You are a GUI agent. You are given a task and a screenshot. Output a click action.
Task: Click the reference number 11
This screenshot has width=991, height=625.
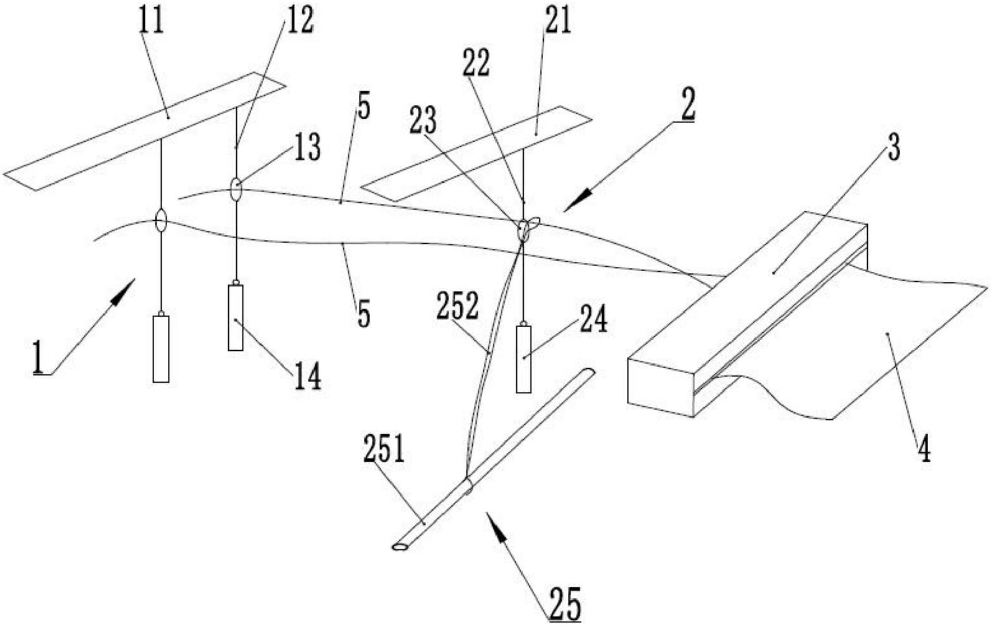point(151,21)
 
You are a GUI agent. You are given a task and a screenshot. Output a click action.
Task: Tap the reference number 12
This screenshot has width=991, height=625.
point(300,21)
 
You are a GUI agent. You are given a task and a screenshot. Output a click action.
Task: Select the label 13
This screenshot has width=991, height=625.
point(306,147)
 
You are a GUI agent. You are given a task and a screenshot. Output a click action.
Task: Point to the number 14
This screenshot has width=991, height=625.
point(307,377)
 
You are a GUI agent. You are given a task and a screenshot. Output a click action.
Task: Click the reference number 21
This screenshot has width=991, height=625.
point(558,21)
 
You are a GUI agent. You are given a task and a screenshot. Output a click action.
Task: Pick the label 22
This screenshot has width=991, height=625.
point(476,63)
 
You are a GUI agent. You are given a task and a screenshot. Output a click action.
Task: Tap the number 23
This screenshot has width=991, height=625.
point(423,121)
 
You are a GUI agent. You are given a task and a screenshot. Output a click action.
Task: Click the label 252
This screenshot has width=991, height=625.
point(457,305)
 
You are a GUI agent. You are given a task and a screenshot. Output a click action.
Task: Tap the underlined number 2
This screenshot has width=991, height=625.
point(688,105)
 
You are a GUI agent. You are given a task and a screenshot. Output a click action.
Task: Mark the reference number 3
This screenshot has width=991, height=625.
point(893,147)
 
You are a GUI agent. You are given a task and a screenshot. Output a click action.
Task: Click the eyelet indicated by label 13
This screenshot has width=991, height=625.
point(236,190)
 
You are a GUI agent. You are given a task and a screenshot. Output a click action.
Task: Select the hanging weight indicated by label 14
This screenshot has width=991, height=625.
point(236,317)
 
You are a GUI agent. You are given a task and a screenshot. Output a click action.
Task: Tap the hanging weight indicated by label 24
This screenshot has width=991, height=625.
point(524,359)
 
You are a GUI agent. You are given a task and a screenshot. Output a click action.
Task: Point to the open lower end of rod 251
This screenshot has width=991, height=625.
point(400,547)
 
